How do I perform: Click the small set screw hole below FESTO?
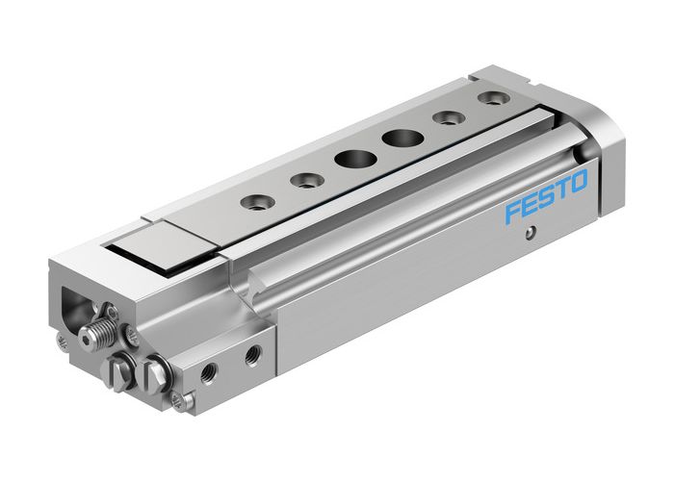[529, 231]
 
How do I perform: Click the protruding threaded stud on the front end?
[95, 336]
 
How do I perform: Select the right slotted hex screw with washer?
[154, 374]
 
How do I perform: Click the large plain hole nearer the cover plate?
[349, 159]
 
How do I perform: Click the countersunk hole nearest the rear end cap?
[492, 99]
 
